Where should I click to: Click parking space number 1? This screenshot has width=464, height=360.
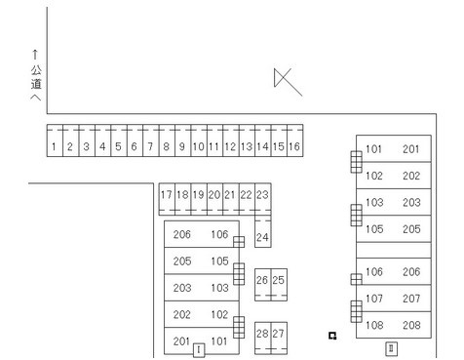(55, 140)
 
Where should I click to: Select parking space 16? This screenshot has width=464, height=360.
(295, 140)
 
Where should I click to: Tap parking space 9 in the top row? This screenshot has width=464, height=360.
(182, 140)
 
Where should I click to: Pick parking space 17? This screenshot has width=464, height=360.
(167, 199)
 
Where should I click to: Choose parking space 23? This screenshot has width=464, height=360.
(263, 199)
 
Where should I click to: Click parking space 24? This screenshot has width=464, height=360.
(263, 231)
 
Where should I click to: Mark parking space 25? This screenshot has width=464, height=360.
(279, 285)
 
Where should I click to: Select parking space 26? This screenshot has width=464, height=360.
(262, 285)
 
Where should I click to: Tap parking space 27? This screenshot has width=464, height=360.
(279, 338)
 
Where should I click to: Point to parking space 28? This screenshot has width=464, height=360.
(262, 338)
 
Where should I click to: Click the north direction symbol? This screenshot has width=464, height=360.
(288, 82)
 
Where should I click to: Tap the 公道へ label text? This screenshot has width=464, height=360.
(36, 83)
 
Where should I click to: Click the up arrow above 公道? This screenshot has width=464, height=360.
(35, 55)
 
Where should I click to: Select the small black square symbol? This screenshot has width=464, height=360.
(332, 336)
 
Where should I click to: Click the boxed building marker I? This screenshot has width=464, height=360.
(199, 350)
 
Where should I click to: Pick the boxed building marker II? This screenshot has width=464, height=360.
(391, 348)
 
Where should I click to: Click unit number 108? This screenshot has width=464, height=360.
(374, 325)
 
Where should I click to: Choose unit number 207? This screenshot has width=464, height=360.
(411, 299)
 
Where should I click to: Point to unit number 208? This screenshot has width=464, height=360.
(411, 325)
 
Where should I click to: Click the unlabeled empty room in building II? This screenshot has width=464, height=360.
(394, 250)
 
